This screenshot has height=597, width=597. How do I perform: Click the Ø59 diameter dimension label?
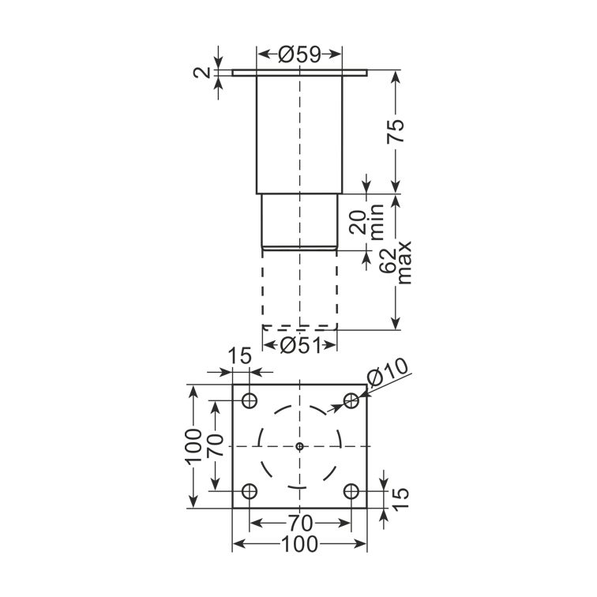tap(299, 54)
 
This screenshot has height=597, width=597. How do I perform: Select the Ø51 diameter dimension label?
tap(300, 346)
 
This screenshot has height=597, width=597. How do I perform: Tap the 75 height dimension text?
tap(396, 131)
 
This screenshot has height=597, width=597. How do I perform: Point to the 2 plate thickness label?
tap(201, 73)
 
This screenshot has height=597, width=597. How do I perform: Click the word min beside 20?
tap(377, 222)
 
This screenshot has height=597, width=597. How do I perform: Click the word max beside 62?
tap(404, 263)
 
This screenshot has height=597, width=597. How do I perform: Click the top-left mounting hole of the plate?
tap(250, 400)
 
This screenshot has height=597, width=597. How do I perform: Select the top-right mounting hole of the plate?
tap(351, 400)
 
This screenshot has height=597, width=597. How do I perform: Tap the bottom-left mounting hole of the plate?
tap(250, 491)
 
